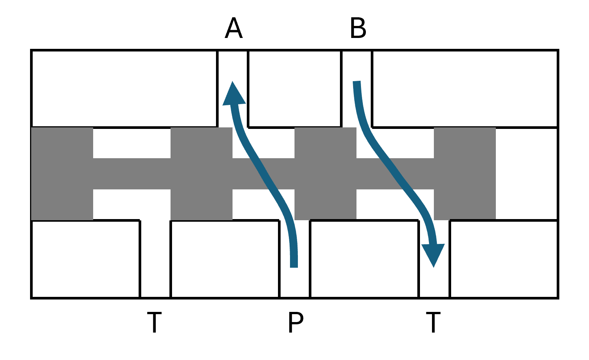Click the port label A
click(x=234, y=28)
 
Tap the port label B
click(x=358, y=28)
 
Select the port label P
click(x=296, y=322)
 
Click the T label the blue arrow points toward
click(x=433, y=322)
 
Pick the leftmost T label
click(x=154, y=322)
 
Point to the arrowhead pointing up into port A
click(x=234, y=93)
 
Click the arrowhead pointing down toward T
click(x=433, y=256)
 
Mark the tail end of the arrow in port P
click(x=294, y=268)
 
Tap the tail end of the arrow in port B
click(x=356, y=81)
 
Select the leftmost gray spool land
click(x=62, y=174)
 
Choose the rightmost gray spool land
click(x=465, y=174)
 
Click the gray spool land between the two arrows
click(x=325, y=174)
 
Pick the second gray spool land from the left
click(x=201, y=174)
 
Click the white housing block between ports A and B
click(x=294, y=89)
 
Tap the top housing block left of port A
click(x=124, y=89)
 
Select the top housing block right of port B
click(x=465, y=89)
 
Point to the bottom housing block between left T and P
click(x=225, y=259)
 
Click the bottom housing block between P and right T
click(x=364, y=259)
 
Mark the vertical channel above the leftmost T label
click(x=155, y=259)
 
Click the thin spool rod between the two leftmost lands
click(x=132, y=174)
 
